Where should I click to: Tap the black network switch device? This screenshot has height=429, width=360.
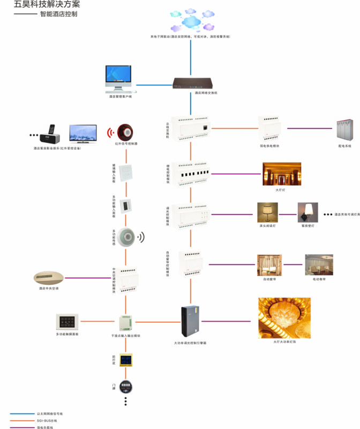click(x=192, y=83)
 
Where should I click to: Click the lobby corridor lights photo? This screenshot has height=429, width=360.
click(x=281, y=174)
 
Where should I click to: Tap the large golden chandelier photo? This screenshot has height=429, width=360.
click(x=284, y=317)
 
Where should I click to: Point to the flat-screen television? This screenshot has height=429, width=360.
click(x=83, y=134)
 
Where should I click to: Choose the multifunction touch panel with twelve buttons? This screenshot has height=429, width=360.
click(x=67, y=322)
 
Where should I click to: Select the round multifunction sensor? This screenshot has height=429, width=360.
click(x=126, y=236)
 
